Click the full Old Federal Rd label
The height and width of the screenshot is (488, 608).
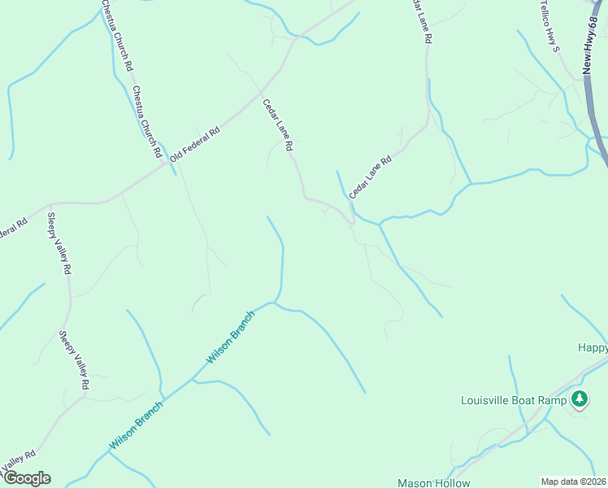click(x=195, y=142)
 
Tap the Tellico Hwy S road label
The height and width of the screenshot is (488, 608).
click(x=550, y=26)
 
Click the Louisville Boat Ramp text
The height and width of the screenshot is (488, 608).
click(x=512, y=400)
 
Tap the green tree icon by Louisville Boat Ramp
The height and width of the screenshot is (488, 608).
click(x=579, y=399)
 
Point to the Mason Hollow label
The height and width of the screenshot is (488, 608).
click(x=433, y=482)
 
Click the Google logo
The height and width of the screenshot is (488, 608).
click(x=26, y=478)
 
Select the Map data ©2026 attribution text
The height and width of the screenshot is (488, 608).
click(x=573, y=481)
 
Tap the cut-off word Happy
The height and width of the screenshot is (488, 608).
click(x=593, y=347)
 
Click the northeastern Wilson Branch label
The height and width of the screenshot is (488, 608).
click(x=231, y=338)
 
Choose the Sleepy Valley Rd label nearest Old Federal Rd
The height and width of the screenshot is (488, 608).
click(x=59, y=245)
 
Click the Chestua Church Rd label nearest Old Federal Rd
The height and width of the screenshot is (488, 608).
click(x=147, y=121)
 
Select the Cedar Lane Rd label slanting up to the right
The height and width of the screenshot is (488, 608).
click(x=371, y=177)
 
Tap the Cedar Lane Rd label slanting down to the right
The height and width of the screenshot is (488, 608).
click(x=277, y=125)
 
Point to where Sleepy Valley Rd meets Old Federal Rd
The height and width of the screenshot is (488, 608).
click(x=51, y=204)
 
